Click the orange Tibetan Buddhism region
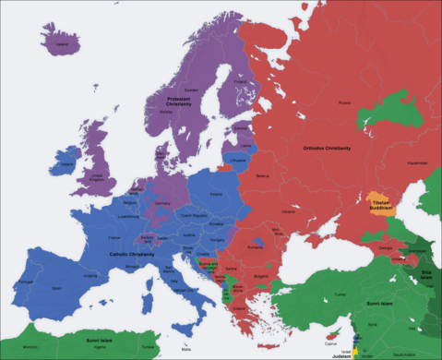point(379,203)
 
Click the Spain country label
point(57,287)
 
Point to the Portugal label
point(25,281)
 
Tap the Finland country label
point(241,81)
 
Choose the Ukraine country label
point(289,211)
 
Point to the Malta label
point(187,350)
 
